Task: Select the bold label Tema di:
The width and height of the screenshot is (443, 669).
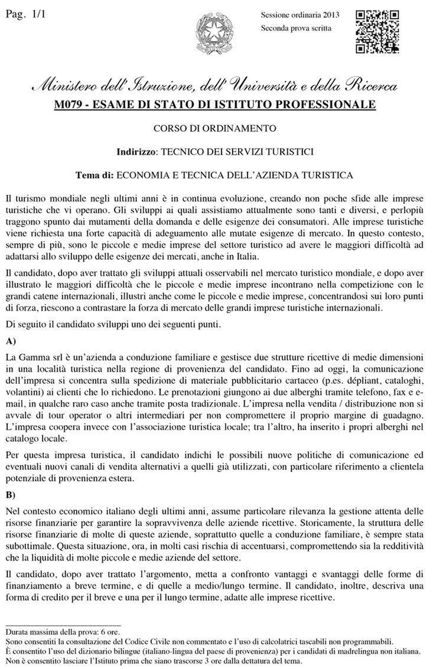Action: click(x=95, y=175)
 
